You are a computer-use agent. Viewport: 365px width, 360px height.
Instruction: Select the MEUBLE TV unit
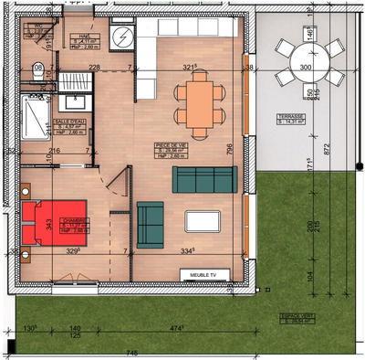(202, 273)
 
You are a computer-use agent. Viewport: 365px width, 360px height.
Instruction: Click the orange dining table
(198, 102)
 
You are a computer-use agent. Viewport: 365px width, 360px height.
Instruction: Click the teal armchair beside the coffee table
(149, 224)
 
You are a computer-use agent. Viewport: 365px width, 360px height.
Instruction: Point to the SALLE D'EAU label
(69, 120)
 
